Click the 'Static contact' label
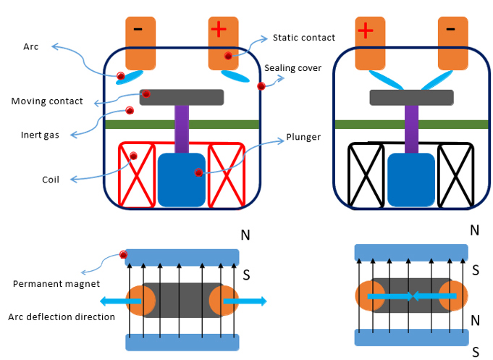coord(303,37)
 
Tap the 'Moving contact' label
coord(47,101)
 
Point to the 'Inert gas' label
coord(40,135)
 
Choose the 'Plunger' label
coord(303,136)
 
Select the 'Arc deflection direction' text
coord(62,317)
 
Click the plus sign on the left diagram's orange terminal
coord(219,29)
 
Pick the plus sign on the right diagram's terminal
coord(366,30)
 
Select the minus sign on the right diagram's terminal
coord(450,29)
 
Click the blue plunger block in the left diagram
coord(182,180)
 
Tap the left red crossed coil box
coord(137,175)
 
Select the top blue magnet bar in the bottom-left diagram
coord(182,257)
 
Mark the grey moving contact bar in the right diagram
coord(411,97)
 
